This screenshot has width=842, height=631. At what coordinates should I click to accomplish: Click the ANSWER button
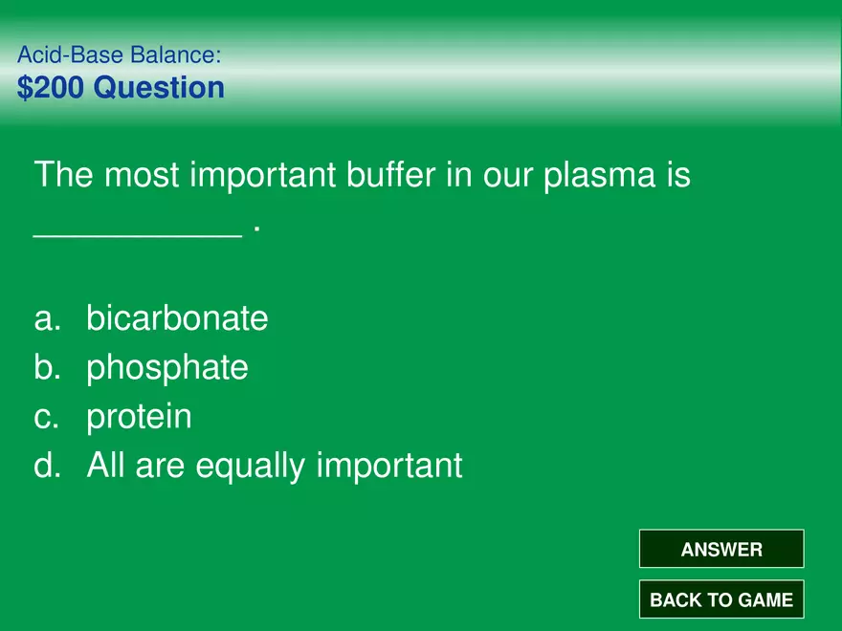click(721, 549)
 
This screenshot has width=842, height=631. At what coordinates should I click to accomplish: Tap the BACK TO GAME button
click(721, 598)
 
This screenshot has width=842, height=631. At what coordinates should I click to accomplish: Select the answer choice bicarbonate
click(177, 317)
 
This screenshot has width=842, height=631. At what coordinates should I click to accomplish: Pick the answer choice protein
click(139, 418)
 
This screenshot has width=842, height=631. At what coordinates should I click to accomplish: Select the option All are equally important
click(275, 466)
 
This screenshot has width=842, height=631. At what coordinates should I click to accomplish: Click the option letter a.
click(47, 319)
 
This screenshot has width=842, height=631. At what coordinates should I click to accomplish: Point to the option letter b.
click(47, 367)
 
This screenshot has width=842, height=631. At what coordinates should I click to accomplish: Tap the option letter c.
click(46, 418)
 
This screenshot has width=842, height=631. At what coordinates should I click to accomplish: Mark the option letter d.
click(47, 465)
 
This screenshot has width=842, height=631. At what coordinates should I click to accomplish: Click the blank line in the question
click(138, 235)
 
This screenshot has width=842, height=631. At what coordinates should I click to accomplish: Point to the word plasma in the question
click(600, 176)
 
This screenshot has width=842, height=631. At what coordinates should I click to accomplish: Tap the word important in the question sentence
click(263, 176)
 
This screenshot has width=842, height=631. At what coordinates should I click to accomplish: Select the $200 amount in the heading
click(51, 87)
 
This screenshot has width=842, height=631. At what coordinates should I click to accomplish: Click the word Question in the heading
click(159, 87)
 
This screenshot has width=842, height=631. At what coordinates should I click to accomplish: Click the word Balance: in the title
click(176, 54)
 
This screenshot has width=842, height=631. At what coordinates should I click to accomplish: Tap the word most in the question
click(142, 175)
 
